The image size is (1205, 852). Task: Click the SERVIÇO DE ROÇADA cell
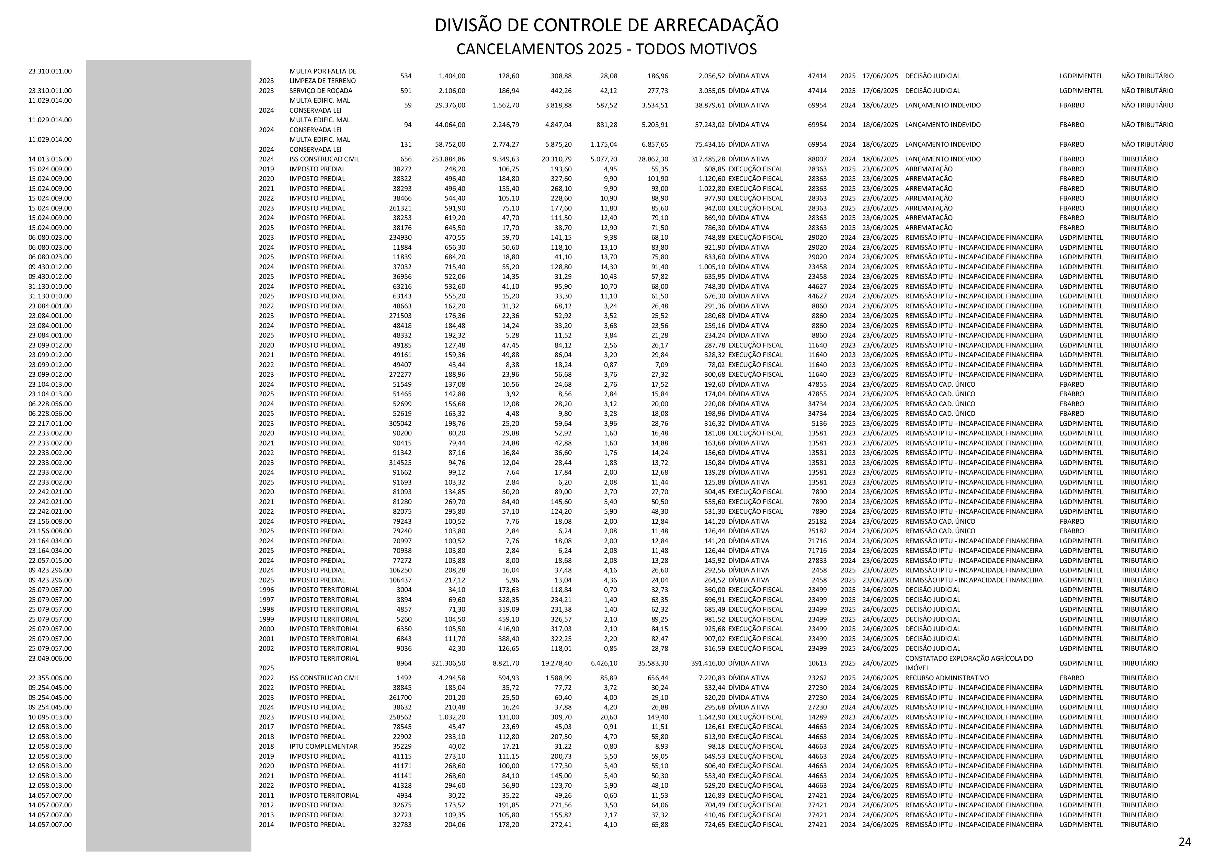point(321,91)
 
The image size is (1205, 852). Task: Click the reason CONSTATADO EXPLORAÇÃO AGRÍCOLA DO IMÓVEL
point(968,663)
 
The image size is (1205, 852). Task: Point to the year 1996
point(266,590)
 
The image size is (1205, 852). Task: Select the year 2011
point(266,795)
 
